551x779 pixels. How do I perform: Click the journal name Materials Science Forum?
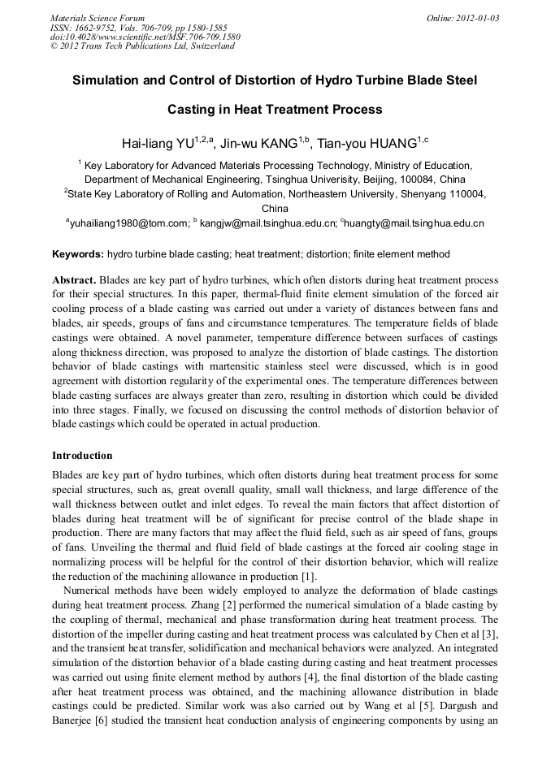coord(98,17)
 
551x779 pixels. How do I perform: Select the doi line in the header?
coord(145,37)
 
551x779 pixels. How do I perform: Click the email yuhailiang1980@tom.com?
coord(129,222)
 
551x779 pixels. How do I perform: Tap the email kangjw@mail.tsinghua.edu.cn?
coord(268,222)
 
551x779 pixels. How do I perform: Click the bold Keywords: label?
coord(78,254)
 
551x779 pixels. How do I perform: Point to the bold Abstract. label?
coord(74,279)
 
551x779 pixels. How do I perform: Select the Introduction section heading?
coord(82,456)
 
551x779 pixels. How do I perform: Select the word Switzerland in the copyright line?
coord(206,46)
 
